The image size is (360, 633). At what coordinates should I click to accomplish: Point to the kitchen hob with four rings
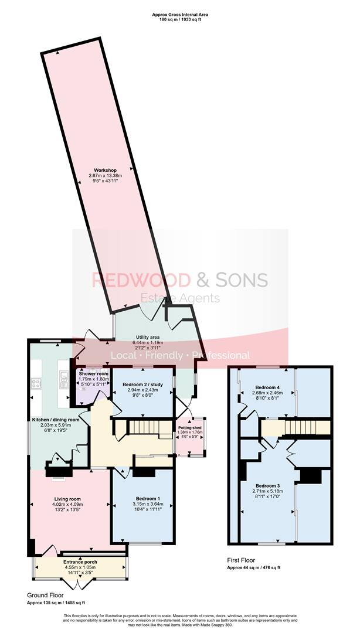[x=36, y=384]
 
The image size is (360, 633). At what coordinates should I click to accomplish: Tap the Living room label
[x=66, y=499]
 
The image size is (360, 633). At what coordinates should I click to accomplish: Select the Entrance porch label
[x=80, y=562]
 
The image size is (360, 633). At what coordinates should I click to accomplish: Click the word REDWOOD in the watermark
[x=134, y=280]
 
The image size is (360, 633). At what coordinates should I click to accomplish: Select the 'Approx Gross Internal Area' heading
[x=180, y=12]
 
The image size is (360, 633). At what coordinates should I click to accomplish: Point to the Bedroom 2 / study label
[x=143, y=384]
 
